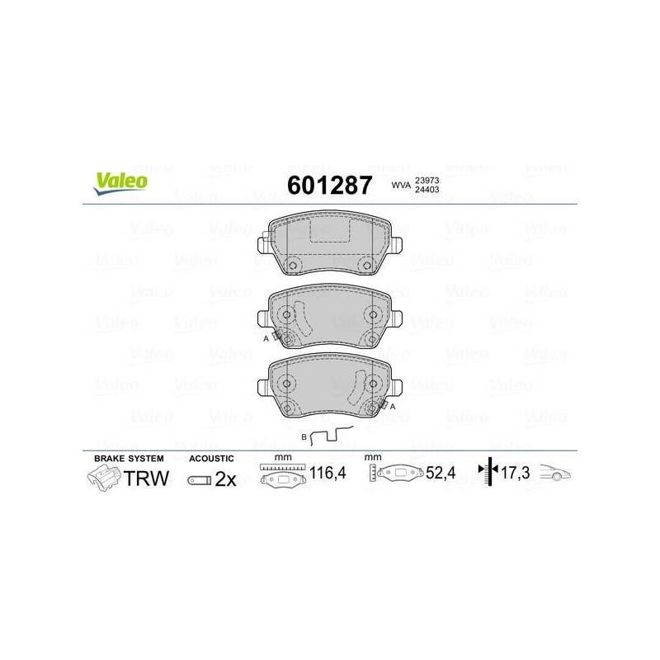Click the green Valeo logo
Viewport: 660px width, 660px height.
tap(120, 183)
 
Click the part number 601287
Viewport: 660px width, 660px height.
tap(329, 185)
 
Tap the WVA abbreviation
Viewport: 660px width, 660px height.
tap(401, 185)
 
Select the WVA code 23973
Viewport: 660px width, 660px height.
tap(427, 180)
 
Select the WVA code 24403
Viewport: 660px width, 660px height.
tap(427, 190)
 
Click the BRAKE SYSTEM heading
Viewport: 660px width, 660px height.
tap(129, 459)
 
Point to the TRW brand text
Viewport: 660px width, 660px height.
tap(146, 478)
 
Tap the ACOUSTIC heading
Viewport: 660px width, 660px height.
tap(211, 459)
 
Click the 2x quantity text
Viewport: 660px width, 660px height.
tap(225, 479)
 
